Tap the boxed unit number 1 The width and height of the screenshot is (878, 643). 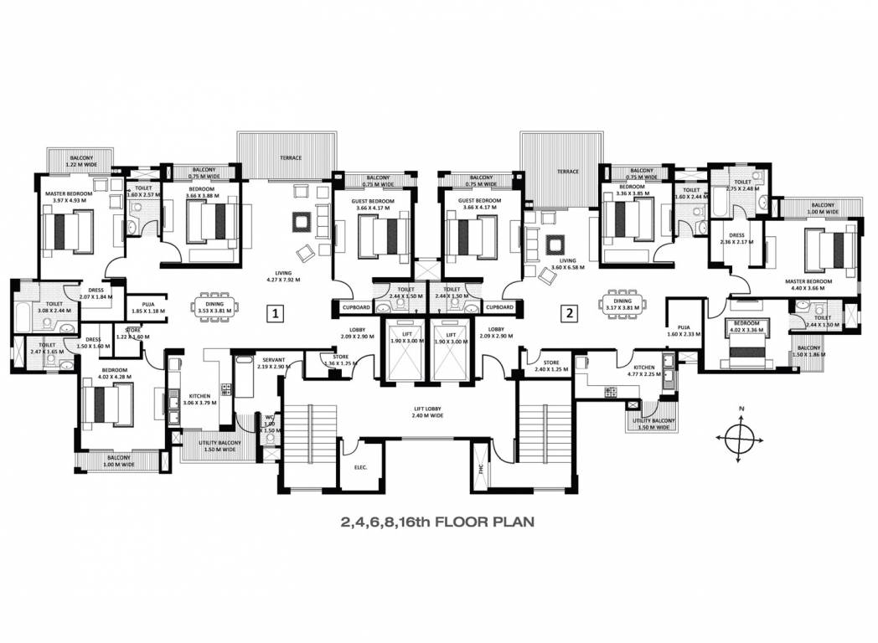click(273, 314)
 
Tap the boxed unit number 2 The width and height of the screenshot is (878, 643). click(569, 314)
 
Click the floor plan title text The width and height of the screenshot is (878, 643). click(436, 522)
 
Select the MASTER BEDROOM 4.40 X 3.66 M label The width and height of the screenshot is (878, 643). click(808, 285)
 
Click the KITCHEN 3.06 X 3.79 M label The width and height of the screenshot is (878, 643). click(199, 399)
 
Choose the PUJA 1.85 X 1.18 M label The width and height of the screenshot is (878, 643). click(148, 308)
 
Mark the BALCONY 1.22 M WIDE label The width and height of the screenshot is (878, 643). click(81, 161)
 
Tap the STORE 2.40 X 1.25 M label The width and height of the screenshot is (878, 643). click(550, 366)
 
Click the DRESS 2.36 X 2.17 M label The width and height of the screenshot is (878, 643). click(736, 239)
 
